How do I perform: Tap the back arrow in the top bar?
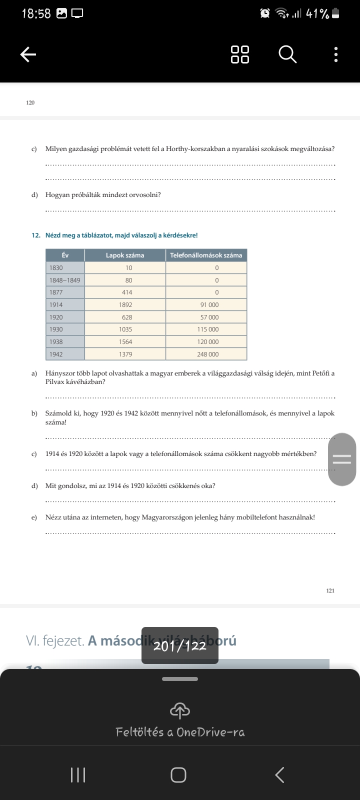click(28, 54)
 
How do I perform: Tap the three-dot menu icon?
click(335, 54)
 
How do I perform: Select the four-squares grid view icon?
click(240, 54)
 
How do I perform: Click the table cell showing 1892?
click(125, 304)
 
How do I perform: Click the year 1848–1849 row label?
click(65, 280)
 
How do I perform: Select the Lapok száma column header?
click(125, 255)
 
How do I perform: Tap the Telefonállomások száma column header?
click(206, 255)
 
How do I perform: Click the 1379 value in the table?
click(125, 354)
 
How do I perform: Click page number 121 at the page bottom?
click(330, 590)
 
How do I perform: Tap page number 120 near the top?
click(30, 102)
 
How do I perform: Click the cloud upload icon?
click(180, 710)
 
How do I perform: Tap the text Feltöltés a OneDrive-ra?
click(180, 732)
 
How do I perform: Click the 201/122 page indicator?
click(180, 645)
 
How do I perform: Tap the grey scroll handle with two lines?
click(342, 459)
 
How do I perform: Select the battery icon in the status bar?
click(335, 13)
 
